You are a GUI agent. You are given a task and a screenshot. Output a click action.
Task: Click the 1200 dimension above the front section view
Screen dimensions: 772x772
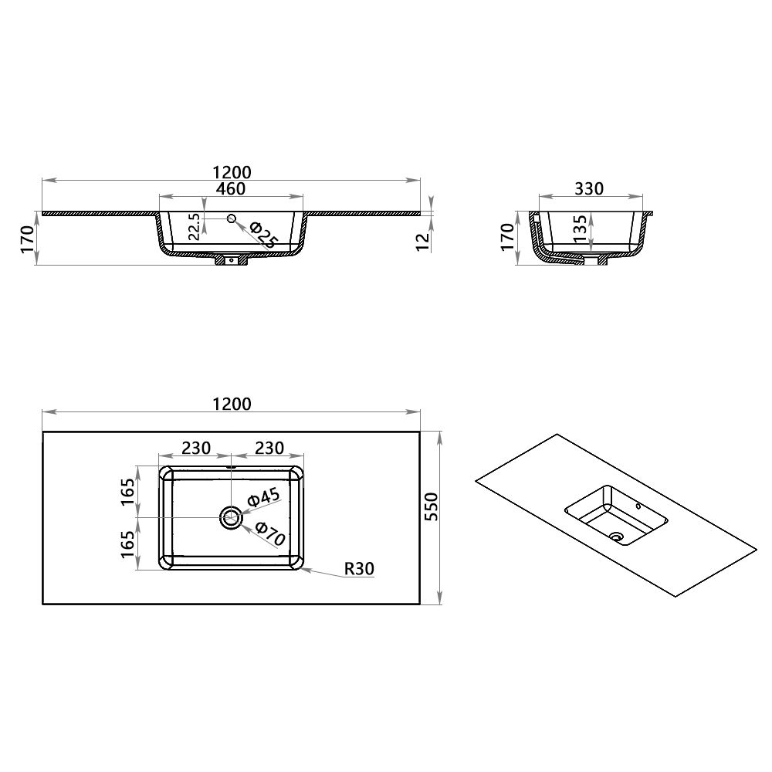[x=231, y=171]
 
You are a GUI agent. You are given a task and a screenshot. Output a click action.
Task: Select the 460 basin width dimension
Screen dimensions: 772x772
[x=231, y=188]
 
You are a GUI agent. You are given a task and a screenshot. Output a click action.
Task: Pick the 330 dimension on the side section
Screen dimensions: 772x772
[x=589, y=188]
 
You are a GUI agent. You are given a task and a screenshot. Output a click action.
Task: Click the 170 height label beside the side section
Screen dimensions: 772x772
[x=507, y=238]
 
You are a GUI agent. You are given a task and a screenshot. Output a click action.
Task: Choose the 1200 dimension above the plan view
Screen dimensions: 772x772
[x=231, y=404]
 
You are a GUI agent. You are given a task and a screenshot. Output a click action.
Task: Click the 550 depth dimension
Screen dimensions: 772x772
[x=432, y=506]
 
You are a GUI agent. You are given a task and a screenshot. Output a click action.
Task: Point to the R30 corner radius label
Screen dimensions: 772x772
[x=359, y=569]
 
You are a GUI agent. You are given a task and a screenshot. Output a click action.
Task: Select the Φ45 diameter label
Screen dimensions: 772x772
[x=262, y=498]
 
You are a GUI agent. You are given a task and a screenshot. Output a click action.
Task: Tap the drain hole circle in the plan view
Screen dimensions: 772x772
[x=231, y=517]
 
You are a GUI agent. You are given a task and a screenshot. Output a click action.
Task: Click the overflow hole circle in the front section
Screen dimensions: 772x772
[x=231, y=220]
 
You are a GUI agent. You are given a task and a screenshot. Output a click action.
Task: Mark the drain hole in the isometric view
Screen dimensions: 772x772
[x=617, y=534]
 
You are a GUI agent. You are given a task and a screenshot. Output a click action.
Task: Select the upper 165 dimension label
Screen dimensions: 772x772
[x=128, y=491]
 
